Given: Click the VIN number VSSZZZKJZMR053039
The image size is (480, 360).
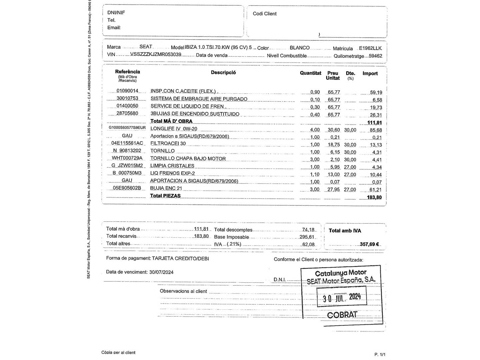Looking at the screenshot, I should point(156,54).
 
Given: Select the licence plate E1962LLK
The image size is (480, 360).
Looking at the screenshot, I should point(370,48).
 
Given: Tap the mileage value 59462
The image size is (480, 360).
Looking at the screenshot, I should point(375,56).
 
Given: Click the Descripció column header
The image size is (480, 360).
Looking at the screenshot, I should point(223,72).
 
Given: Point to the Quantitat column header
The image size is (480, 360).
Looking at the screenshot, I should point(310,73).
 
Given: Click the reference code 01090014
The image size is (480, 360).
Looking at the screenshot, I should point(127,91).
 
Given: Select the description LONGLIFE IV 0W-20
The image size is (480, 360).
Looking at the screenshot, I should point(174,129).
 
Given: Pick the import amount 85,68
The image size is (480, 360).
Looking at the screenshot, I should point(376,130).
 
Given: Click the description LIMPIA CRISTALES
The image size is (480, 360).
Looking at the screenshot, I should point(172,166).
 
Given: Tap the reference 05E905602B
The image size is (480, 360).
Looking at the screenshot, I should point(127,188).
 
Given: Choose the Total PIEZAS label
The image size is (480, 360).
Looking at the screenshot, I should point(165,196).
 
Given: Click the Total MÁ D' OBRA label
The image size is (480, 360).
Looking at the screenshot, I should point(171,121).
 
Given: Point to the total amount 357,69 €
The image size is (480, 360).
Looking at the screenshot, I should point(369,244).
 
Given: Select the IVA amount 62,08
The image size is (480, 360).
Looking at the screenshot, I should point(308,244).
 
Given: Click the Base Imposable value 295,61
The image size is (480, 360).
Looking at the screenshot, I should point(307,237).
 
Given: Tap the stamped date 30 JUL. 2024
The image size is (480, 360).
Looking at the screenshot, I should point(342,297).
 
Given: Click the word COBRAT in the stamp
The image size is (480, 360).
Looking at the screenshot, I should point(342,315).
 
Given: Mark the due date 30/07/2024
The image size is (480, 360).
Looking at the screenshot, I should point(161,272).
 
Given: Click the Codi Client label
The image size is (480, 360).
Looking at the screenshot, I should point(265,14).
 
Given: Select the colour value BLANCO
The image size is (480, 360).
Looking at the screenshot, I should point(300,48).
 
